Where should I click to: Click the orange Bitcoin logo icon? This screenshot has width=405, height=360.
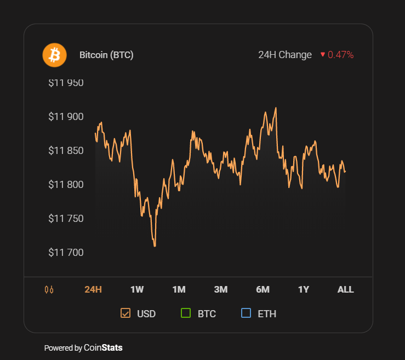(54, 55)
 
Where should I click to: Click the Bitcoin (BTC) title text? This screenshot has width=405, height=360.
(106, 55)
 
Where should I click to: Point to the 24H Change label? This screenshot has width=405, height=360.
(285, 55)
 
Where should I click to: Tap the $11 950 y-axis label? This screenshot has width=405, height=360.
(66, 83)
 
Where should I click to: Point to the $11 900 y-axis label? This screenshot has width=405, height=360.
(66, 117)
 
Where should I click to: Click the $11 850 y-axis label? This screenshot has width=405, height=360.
(66, 151)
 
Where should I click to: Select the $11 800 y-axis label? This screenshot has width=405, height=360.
(66, 185)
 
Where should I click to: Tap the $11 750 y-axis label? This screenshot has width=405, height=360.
(66, 219)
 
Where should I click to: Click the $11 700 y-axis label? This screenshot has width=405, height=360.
(66, 253)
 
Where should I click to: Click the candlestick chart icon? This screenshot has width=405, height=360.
(49, 289)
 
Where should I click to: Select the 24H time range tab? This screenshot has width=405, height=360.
(93, 289)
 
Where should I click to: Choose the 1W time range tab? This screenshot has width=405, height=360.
(137, 289)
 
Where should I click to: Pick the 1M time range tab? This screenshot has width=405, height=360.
(179, 289)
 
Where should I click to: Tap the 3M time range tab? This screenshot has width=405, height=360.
(221, 289)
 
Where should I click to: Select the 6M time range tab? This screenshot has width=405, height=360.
(263, 289)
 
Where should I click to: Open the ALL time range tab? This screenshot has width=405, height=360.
(345, 289)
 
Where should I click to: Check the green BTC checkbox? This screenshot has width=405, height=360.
(185, 313)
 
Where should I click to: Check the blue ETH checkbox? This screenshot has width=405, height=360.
(246, 313)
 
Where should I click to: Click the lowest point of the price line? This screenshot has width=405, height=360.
(155, 246)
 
